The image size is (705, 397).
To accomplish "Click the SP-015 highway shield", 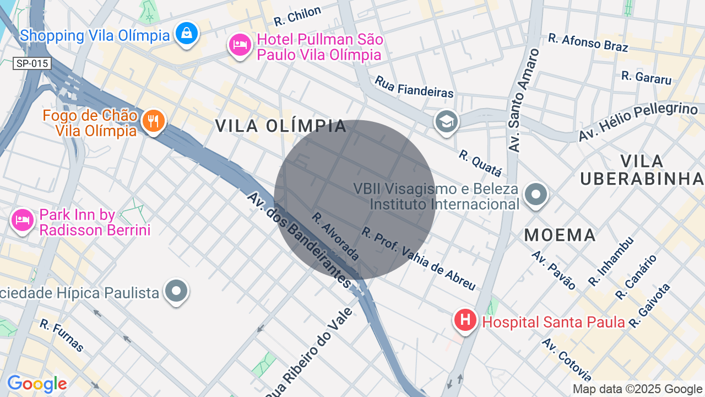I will pyautogui.click(x=32, y=63).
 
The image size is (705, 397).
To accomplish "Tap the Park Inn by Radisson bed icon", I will pyautogui.click(x=23, y=221).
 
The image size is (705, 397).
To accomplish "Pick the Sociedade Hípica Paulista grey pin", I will pyautogui.click(x=176, y=291).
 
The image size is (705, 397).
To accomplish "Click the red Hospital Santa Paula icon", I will pyautogui.click(x=465, y=320).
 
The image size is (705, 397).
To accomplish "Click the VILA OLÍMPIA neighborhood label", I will pyautogui.click(x=281, y=126).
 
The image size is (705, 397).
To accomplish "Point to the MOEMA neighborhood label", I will pyautogui.click(x=560, y=235).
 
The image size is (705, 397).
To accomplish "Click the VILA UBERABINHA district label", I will pyautogui.click(x=642, y=170).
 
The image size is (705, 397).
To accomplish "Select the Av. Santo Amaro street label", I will pyautogui.click(x=524, y=100).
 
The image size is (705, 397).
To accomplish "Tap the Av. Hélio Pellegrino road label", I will pyautogui.click(x=637, y=121).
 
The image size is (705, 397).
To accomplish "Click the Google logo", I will pyautogui.click(x=37, y=384).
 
